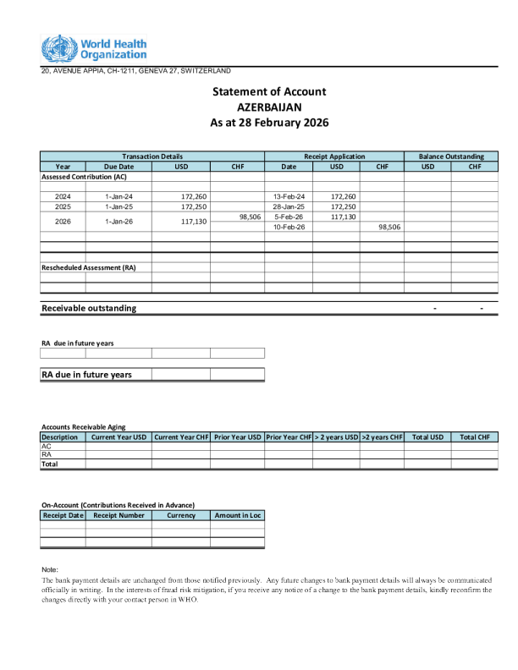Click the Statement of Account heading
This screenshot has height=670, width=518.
pyautogui.click(x=269, y=91)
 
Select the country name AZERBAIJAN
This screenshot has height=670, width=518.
pyautogui.click(x=269, y=107)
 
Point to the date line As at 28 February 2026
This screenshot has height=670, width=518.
pyautogui.click(x=269, y=123)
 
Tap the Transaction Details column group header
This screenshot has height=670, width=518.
pyautogui.click(x=152, y=157)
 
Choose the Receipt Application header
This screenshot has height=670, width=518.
pyautogui.click(x=334, y=157)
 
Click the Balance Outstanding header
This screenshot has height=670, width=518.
pyautogui.click(x=451, y=157)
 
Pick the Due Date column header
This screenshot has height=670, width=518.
pyautogui.click(x=118, y=167)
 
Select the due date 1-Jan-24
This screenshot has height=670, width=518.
pyautogui.click(x=118, y=196)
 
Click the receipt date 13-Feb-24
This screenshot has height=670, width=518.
pyautogui.click(x=289, y=196)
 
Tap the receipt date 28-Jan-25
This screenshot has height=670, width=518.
pyautogui.click(x=289, y=206)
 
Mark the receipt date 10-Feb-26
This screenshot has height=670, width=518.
pyautogui.click(x=289, y=227)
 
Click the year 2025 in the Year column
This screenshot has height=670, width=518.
pyautogui.click(x=63, y=206)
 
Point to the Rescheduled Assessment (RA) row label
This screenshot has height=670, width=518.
pyautogui.click(x=89, y=267)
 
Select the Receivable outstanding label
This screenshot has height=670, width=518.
pyautogui.click(x=89, y=308)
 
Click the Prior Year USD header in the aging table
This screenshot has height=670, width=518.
pyautogui.click(x=237, y=437)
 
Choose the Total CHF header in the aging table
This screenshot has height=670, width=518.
pyautogui.click(x=474, y=437)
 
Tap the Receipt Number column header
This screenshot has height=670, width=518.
pyautogui.click(x=118, y=515)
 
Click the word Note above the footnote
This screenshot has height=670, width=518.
pyautogui.click(x=49, y=569)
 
